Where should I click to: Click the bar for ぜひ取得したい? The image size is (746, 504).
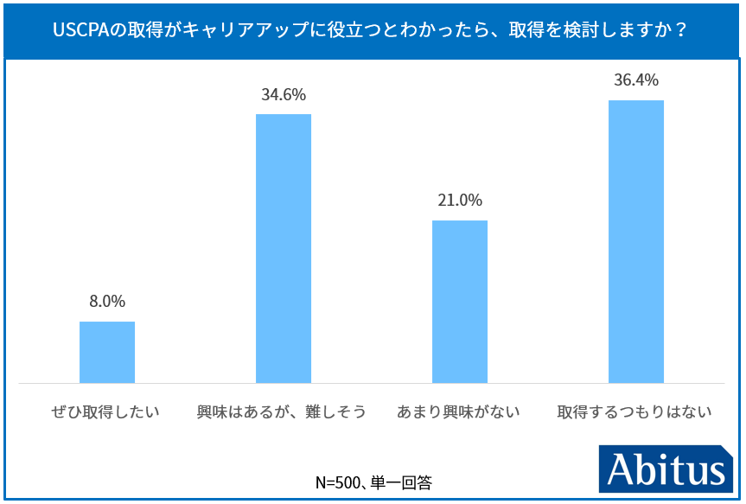tap(107, 352)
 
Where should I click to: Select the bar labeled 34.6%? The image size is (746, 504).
tap(284, 248)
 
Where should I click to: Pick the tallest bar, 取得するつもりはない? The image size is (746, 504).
tap(636, 241)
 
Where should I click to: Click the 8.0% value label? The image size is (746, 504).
tap(107, 302)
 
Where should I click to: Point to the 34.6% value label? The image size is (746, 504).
tap(284, 95)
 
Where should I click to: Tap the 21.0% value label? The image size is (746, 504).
tap(460, 201)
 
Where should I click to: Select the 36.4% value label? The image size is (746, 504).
tap(636, 80)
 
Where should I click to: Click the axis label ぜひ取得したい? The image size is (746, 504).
tap(106, 411)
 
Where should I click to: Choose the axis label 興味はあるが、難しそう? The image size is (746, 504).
tap(282, 411)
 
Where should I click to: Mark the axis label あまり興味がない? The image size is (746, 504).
tap(458, 411)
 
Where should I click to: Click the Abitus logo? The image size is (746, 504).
tap(665, 470)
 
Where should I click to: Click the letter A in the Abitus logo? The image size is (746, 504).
tap(622, 470)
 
